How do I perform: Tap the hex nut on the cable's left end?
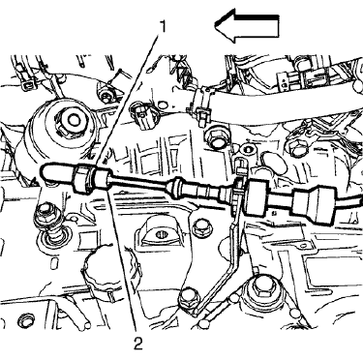coord(83,178)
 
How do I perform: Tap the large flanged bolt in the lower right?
coord(261,287)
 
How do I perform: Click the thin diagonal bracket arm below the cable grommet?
coord(235,256)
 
